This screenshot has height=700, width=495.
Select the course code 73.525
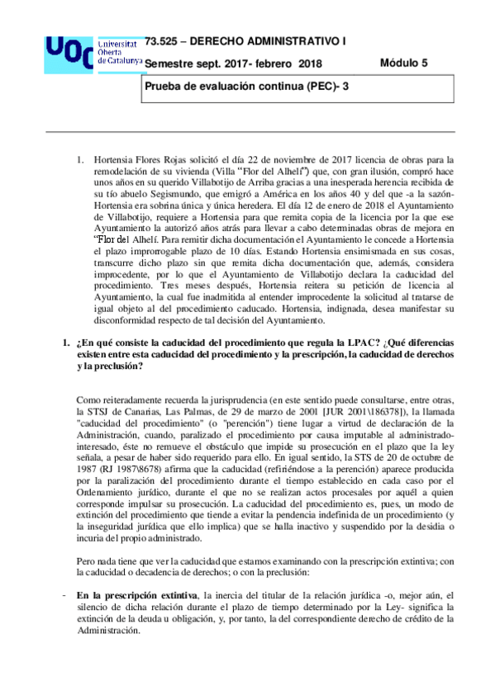pos(160,40)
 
